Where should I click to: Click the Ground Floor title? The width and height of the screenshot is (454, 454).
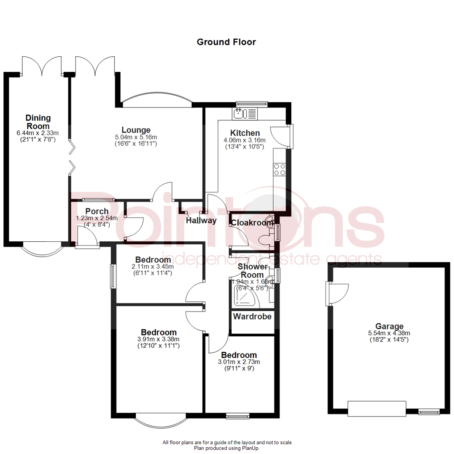pyautogui.click(x=226, y=42)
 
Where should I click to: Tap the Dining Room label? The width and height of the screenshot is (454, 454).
pyautogui.click(x=38, y=122)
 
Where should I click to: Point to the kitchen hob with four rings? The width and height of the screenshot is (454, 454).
pyautogui.click(x=280, y=169)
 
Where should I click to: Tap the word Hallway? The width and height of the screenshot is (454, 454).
pyautogui.click(x=201, y=220)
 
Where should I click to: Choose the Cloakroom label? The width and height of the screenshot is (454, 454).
pyautogui.click(x=253, y=223)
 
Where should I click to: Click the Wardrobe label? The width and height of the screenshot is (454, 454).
pyautogui.click(x=252, y=317)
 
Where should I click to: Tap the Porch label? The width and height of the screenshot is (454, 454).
pyautogui.click(x=97, y=211)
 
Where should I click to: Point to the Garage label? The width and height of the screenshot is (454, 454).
pyautogui.click(x=390, y=326)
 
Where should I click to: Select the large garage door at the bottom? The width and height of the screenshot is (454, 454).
pyautogui.click(x=377, y=409)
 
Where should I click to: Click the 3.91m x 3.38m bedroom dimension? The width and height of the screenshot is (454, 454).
pyautogui.click(x=158, y=340)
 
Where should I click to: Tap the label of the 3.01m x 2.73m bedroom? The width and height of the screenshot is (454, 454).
pyautogui.click(x=239, y=355)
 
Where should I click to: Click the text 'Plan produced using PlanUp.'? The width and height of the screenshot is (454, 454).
pyautogui.click(x=227, y=448)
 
